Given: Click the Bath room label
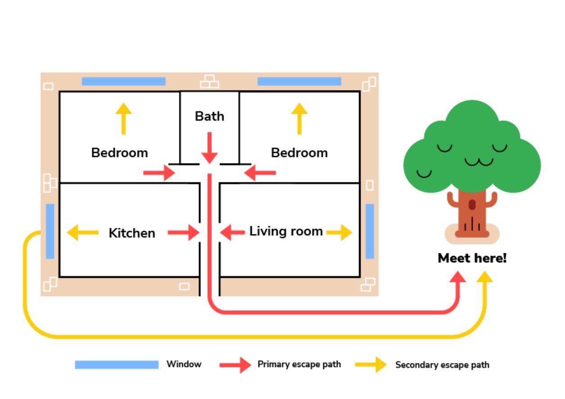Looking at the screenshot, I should point(209,116).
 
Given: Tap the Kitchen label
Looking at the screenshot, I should point(132,233).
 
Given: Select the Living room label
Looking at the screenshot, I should point(286,231).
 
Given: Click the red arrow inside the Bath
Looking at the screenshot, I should point(209,148).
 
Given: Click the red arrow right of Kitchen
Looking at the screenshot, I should point(183,232).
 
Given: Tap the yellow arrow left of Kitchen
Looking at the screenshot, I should point(82,232).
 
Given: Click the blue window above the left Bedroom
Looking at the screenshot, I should point(123,82).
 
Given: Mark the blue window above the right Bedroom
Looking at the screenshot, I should point(299,82).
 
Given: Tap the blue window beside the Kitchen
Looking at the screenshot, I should point(50,231).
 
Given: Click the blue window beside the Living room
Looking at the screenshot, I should point(370,231).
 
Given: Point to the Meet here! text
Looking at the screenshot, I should point(472,258).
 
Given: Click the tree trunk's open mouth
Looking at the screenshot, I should point(472,205).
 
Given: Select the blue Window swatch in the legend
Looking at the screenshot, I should point(117,364).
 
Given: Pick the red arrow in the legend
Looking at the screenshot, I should point(235,364).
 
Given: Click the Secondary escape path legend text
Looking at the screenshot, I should point(442,365).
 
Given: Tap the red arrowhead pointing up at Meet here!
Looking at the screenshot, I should point(458,277).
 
